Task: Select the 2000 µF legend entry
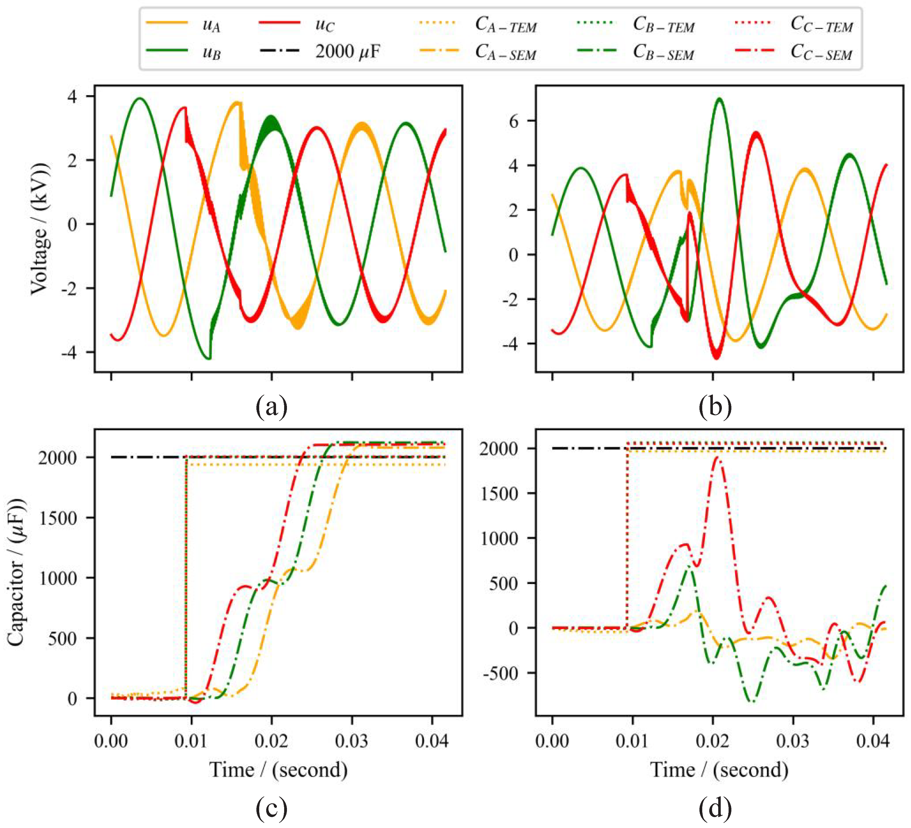click(x=347, y=52)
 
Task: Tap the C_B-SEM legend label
click(x=663, y=53)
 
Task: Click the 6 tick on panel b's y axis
click(x=525, y=121)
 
